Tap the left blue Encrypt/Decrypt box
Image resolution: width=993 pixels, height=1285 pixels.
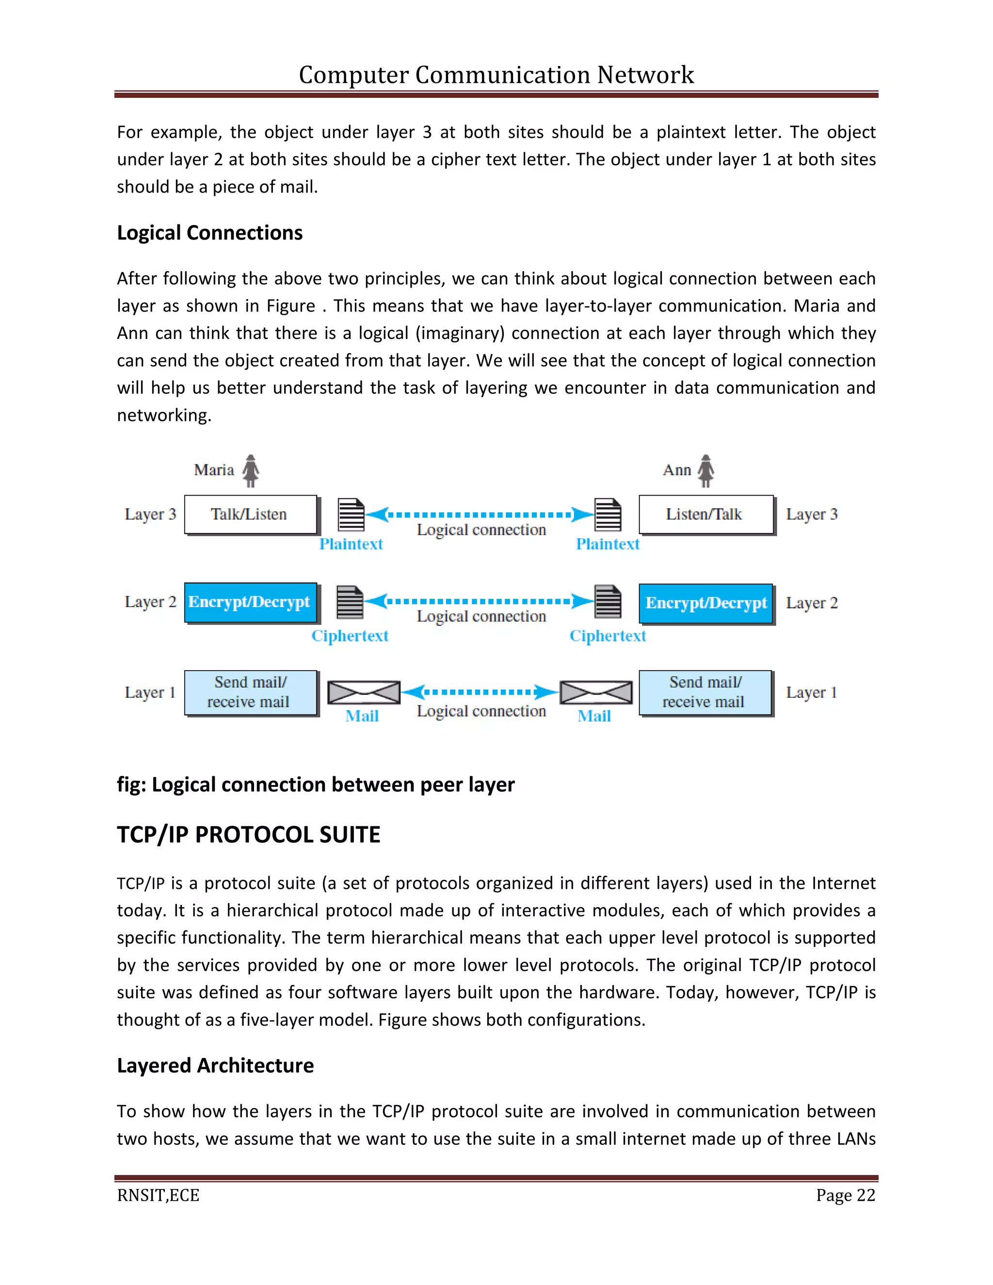[250, 602]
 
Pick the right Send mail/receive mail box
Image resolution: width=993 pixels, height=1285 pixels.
[705, 692]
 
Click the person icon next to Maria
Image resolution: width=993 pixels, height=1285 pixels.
[251, 471]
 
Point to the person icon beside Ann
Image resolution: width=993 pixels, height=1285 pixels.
[706, 471]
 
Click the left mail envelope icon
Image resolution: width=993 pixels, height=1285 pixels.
[364, 692]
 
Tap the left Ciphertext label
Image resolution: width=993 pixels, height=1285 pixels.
[350, 636]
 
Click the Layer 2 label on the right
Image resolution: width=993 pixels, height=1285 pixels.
[811, 603]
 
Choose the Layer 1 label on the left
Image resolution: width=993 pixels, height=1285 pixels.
[150, 692]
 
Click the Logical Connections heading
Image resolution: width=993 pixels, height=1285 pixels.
[209, 233]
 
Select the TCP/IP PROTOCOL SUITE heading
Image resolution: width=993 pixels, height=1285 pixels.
[248, 835]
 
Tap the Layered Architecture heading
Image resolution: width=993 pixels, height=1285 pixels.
[215, 1065]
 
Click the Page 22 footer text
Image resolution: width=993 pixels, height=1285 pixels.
[845, 1196]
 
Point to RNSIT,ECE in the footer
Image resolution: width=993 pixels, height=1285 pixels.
[158, 1196]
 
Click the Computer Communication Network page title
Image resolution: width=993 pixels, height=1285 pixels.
[496, 75]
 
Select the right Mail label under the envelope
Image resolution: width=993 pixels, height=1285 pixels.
[594, 716]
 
